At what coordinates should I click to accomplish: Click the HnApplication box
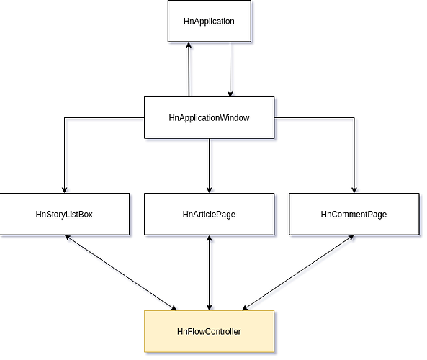click(x=210, y=22)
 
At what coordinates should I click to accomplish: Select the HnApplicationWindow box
click(x=209, y=117)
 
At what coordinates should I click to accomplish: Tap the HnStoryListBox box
click(x=65, y=215)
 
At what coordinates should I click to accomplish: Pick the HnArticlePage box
click(x=209, y=215)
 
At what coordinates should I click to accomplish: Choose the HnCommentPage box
click(x=354, y=215)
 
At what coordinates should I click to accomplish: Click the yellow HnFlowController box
click(x=209, y=331)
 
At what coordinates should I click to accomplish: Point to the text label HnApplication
click(x=209, y=22)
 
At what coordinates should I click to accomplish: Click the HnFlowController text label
click(x=209, y=331)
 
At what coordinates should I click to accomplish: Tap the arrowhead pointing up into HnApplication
click(x=189, y=45)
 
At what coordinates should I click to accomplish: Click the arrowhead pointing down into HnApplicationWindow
click(x=230, y=94)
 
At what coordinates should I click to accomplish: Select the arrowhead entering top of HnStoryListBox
click(x=65, y=190)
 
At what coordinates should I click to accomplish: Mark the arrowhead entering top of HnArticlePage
click(x=209, y=190)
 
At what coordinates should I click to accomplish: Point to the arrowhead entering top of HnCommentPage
click(x=354, y=190)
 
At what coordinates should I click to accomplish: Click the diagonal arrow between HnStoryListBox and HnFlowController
click(x=121, y=273)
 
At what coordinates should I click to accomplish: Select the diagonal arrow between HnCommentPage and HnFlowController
click(x=298, y=273)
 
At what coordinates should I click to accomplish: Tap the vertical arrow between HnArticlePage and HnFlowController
click(x=209, y=273)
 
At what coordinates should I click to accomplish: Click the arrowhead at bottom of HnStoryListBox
click(x=68, y=238)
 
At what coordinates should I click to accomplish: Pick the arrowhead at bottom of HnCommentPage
click(x=351, y=238)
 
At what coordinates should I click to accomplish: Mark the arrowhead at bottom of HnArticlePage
click(x=209, y=238)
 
